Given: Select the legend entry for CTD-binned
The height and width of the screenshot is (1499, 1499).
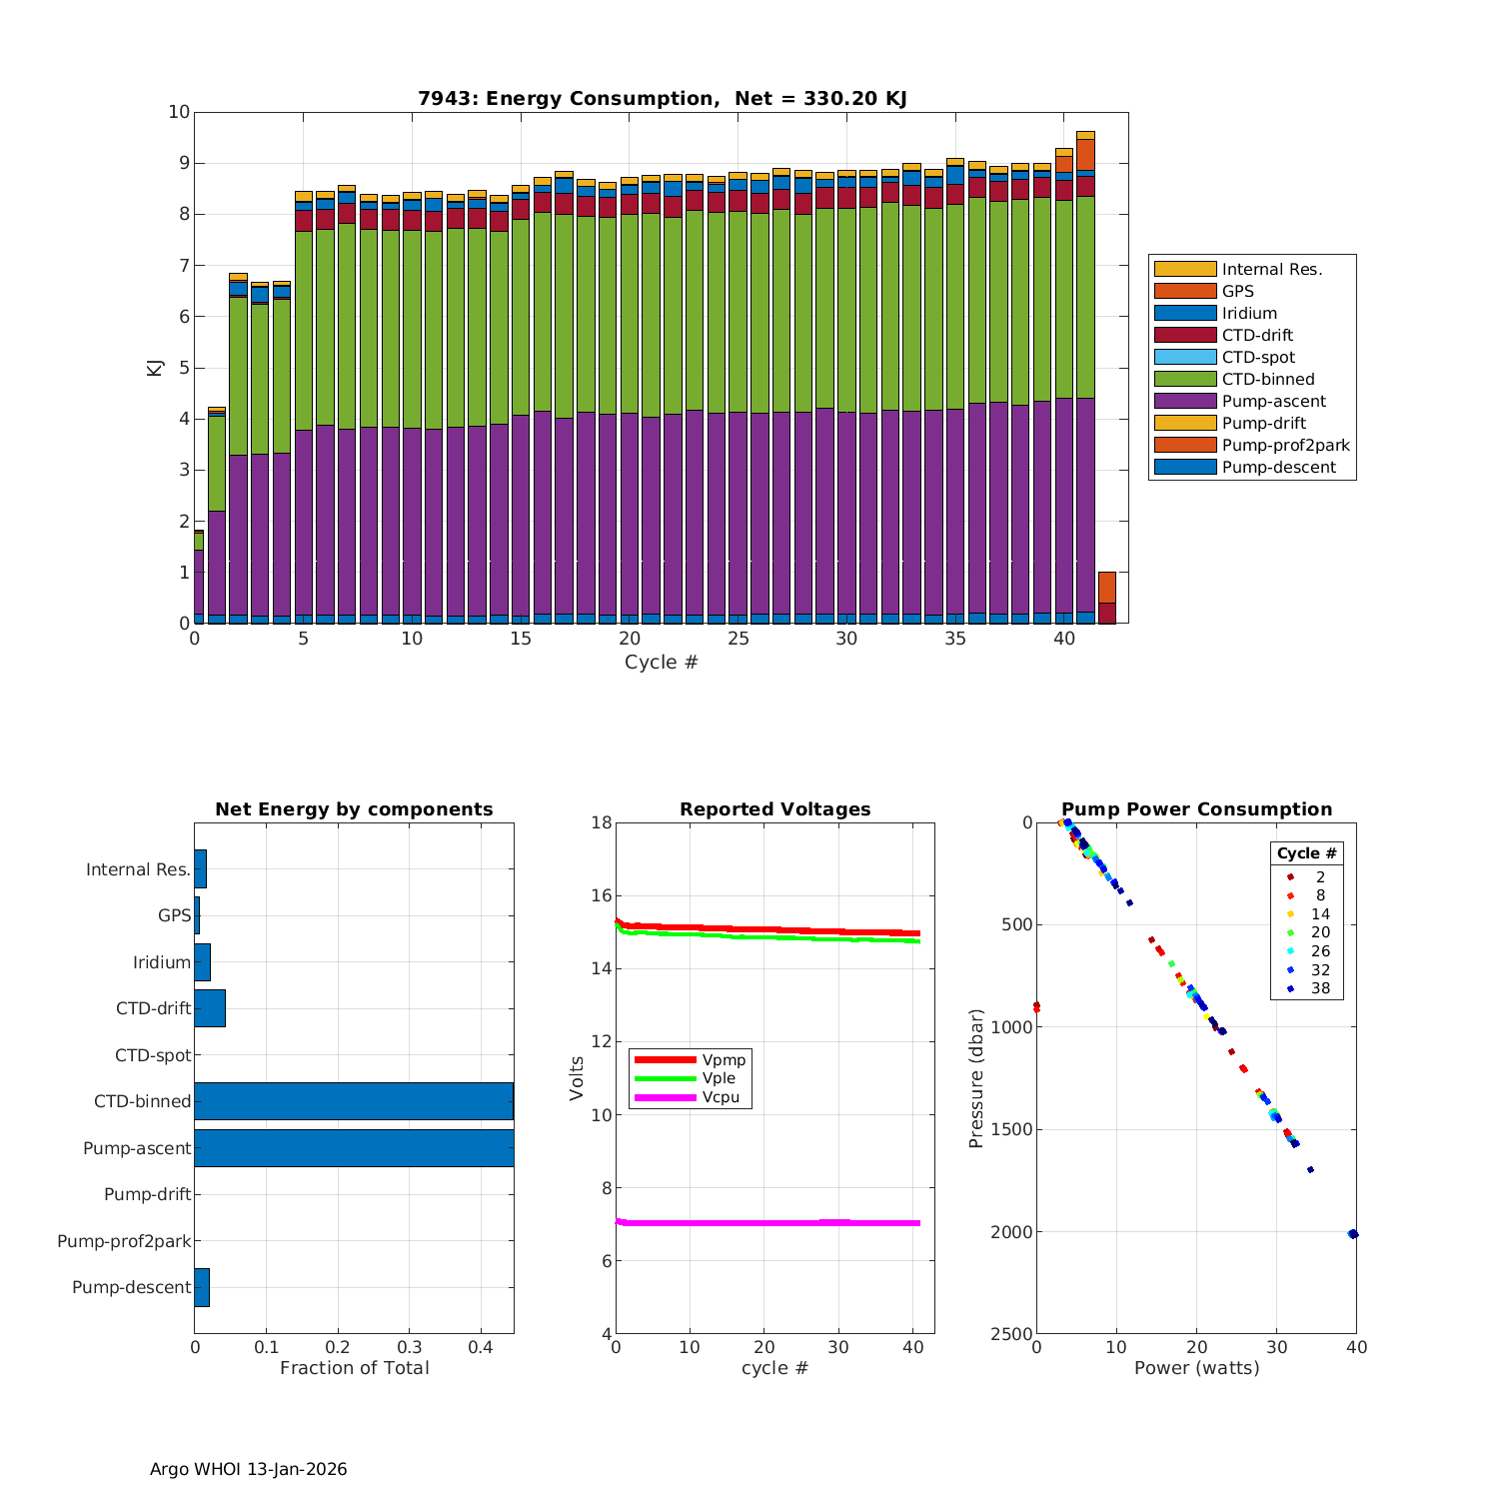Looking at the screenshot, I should [x=1268, y=380].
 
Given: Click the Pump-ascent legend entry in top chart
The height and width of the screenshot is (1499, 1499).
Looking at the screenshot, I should [x=1273, y=402].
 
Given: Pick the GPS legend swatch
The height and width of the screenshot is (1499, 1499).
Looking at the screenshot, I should [x=1185, y=291].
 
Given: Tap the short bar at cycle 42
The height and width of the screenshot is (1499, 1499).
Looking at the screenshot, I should [x=1106, y=599].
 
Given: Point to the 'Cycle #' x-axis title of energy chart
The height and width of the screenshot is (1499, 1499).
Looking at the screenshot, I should [x=661, y=663].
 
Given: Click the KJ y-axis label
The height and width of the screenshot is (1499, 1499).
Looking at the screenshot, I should [x=155, y=368].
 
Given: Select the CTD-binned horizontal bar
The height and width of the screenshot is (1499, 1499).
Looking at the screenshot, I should [x=354, y=1101].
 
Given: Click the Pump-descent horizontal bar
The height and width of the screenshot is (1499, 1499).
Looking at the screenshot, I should [x=202, y=1287].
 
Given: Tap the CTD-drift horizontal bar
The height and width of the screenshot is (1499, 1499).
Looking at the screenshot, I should [x=210, y=1008].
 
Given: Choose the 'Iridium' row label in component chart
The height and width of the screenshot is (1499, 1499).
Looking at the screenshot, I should [x=162, y=962].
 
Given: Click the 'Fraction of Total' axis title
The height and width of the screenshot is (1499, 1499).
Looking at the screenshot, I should [x=354, y=1368].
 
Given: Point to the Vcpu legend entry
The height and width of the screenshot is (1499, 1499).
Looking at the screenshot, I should [x=721, y=1097].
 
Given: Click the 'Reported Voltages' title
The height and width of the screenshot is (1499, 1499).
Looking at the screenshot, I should [x=774, y=809].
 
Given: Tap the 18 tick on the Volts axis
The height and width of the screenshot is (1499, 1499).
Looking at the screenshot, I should [x=601, y=822].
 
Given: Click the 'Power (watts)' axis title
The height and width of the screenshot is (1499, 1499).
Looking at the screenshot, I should [x=1196, y=1368].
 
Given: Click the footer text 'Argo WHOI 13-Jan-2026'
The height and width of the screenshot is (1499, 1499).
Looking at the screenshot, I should [x=248, y=1469].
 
